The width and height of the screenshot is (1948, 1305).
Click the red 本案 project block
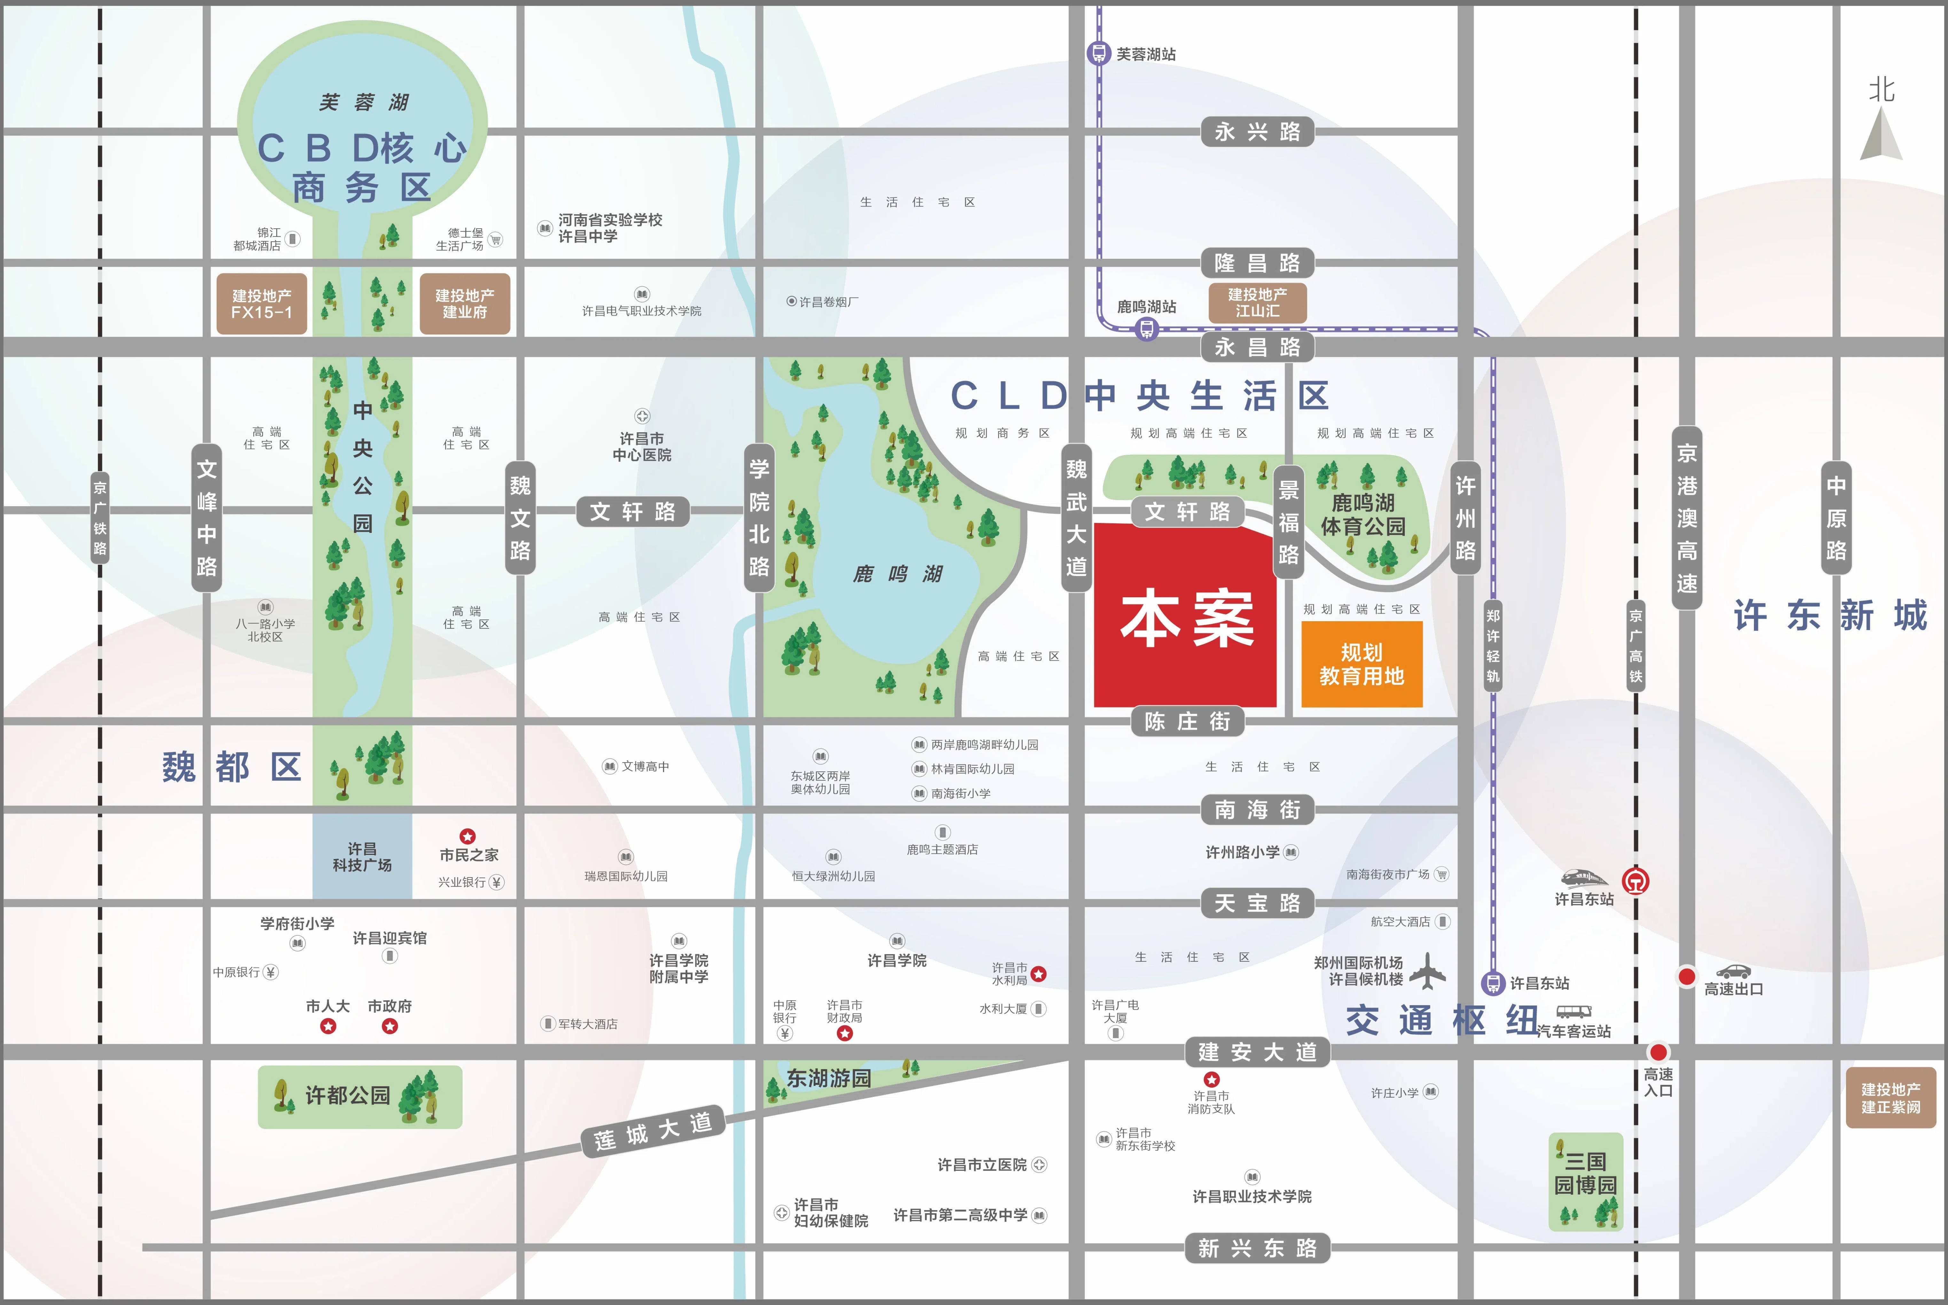coord(1185,616)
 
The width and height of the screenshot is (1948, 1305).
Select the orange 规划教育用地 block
coord(1361,664)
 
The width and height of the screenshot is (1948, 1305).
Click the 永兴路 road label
coord(1257,131)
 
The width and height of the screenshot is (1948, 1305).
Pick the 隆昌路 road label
coord(1257,263)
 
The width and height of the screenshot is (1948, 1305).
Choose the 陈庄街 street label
coord(1187,722)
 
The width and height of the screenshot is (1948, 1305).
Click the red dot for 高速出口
coord(1687,976)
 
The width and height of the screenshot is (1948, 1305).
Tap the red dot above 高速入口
coord(1658,1052)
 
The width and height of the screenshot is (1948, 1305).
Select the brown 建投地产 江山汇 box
coord(1257,302)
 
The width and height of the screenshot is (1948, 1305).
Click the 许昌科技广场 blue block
coord(362,856)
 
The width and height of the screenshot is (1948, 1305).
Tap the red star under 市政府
coord(389,1026)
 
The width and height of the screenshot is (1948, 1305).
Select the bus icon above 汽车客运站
coord(1574,1012)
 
